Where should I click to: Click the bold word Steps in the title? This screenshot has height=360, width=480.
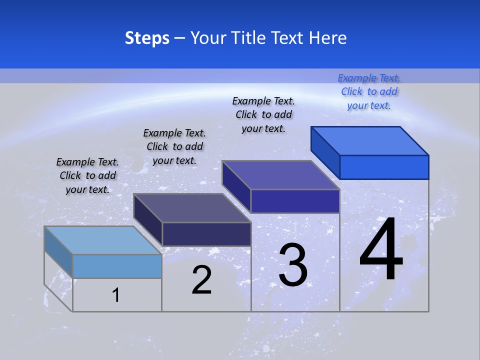tap(147, 38)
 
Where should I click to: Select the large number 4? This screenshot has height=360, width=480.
tap(381, 250)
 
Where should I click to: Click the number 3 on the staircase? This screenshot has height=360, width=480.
tap(292, 265)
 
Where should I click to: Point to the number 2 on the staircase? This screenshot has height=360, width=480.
tap(201, 280)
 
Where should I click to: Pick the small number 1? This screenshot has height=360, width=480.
tap(115, 295)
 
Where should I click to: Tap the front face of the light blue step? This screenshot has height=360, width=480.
tap(117, 266)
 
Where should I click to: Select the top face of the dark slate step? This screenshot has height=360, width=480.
tap(192, 208)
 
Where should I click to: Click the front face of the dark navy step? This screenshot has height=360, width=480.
tap(206, 234)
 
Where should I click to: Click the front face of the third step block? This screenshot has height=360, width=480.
tap(295, 201)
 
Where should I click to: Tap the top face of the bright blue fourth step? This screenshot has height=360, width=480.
tap(370, 140)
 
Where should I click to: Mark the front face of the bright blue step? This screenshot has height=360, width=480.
tap(384, 167)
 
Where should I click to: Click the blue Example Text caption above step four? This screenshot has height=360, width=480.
tap(369, 91)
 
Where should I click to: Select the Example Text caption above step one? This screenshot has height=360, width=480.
tap(87, 175)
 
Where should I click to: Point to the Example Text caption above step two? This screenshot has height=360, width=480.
tap(174, 146)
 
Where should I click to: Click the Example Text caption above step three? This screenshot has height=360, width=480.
tap(263, 114)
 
